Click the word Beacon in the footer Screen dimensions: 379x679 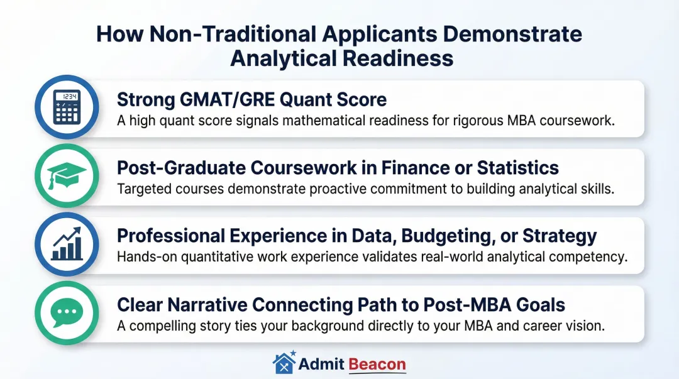pyautogui.click(x=377, y=363)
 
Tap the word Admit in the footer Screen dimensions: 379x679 pyautogui.click(x=321, y=363)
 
